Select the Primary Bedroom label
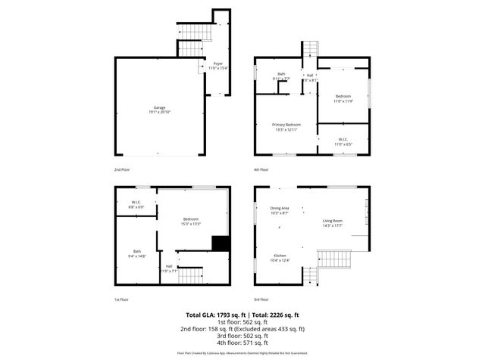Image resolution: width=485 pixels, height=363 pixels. point(287,126)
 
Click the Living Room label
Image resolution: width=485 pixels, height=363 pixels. point(333,222)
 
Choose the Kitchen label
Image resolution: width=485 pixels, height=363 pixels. point(280,258)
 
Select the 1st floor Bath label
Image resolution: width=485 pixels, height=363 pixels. point(137,253)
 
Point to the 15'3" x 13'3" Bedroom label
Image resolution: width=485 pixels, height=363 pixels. point(190,222)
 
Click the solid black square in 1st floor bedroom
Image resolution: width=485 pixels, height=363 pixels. point(221,243)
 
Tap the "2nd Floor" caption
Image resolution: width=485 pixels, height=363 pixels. point(123,170)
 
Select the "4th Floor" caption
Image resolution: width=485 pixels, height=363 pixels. point(263,170)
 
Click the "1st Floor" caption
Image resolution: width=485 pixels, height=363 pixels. point(122,299)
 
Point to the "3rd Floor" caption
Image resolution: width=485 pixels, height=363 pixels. point(263,299)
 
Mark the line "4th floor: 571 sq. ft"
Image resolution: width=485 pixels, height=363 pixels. point(242,343)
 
